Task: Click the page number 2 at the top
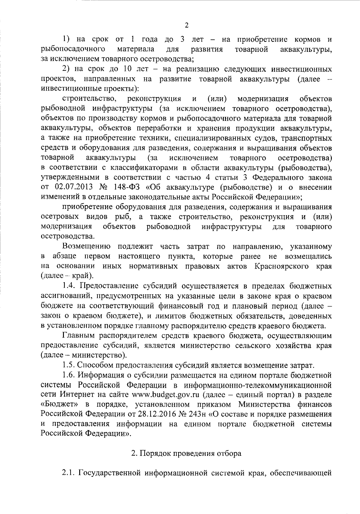[x=186, y=25]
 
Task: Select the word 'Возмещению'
[x=86, y=247]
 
